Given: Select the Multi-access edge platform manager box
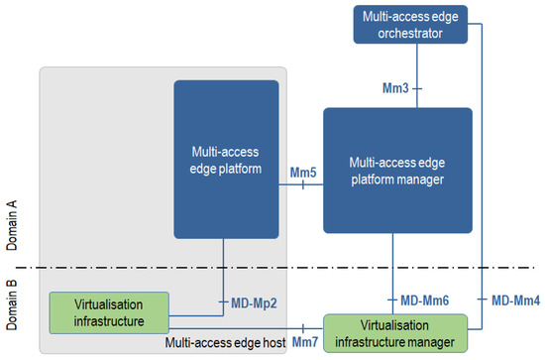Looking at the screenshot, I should pyautogui.click(x=396, y=172).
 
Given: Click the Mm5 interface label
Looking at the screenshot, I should pyautogui.click(x=303, y=172).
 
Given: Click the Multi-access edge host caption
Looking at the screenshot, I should pyautogui.click(x=225, y=342).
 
